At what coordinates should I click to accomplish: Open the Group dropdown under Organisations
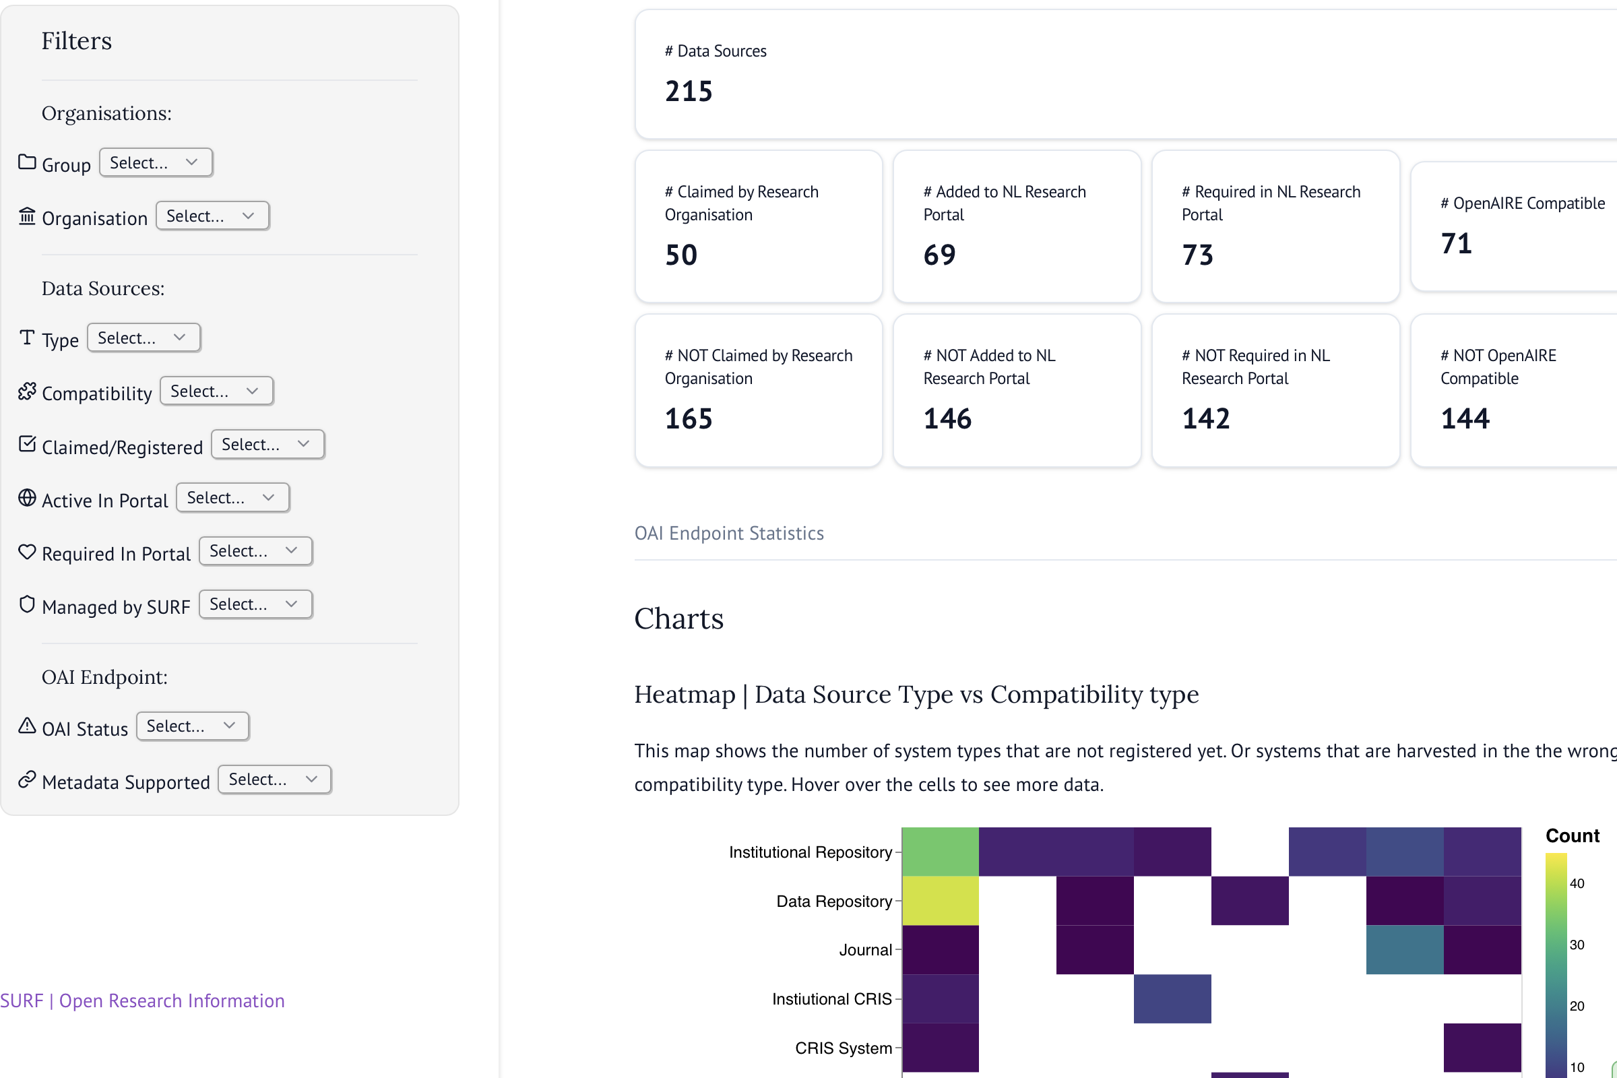156,163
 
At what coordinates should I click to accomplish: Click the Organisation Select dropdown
212,216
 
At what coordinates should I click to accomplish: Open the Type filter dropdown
144,338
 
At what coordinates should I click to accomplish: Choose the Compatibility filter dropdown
216,391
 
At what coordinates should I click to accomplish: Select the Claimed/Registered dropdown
267,445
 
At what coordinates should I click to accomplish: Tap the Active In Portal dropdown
232,498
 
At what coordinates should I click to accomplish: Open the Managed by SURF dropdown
255,604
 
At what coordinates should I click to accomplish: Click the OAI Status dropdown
193,726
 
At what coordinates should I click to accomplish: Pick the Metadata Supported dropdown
274,780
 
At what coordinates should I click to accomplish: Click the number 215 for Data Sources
689,92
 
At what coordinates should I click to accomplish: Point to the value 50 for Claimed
680,255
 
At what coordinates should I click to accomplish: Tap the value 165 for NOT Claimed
689,418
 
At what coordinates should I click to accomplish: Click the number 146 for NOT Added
947,418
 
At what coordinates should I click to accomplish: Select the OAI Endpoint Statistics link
729,533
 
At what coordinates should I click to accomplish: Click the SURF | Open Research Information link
142,1001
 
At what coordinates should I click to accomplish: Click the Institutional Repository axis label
810,852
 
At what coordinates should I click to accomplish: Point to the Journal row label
865,949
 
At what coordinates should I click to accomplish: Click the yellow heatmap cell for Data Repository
940,901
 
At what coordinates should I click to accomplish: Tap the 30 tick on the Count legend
1577,945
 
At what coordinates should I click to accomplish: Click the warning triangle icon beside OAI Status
27,726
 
